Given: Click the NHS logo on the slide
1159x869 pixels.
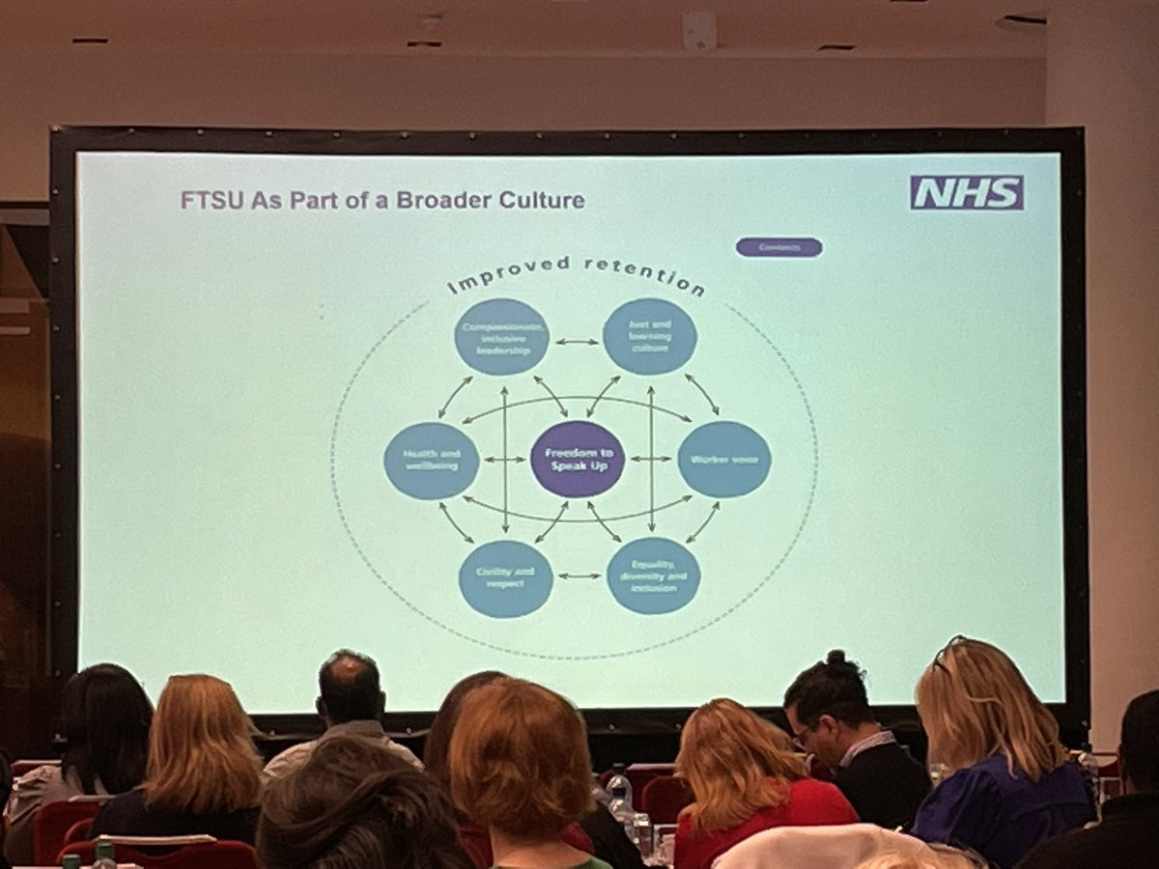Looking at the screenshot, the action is pos(966,192).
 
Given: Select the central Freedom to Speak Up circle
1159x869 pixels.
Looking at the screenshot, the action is pos(578,459).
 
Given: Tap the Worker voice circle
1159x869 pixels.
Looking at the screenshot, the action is pos(723,460).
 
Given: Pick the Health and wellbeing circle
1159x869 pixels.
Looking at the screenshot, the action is pos(431,461).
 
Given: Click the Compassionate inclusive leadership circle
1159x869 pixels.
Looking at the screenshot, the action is pos(501,336).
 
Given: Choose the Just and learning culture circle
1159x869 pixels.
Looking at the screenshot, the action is pos(649,336).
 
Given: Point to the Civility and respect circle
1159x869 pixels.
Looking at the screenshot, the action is pos(505,578).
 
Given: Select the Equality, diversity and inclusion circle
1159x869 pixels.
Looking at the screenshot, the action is pos(654,575).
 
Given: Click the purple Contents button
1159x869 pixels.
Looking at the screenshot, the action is pos(778,247).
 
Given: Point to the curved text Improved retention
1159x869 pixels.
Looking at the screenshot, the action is pos(576,275).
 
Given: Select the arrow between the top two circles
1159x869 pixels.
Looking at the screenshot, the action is pos(576,341).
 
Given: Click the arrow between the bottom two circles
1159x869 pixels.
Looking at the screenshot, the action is pos(579,576).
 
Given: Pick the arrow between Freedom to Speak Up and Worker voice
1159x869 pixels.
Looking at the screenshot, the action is pos(650,460).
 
